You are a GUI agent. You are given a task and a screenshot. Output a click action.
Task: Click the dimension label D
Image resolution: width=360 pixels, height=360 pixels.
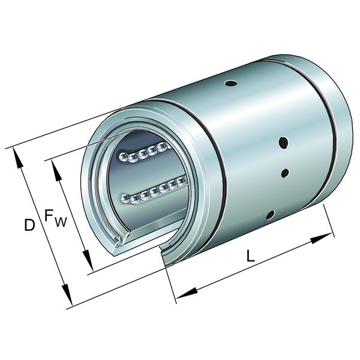[x=28, y=225]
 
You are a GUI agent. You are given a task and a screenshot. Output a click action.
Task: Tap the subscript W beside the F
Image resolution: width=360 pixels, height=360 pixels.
[x=61, y=223]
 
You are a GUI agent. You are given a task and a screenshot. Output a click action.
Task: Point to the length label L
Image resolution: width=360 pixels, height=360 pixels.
[x=251, y=255]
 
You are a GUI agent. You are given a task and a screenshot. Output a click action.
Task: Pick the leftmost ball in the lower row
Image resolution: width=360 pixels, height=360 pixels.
[x=125, y=198]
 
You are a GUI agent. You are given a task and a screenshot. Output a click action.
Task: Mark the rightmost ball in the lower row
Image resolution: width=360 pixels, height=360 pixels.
[x=179, y=182]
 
